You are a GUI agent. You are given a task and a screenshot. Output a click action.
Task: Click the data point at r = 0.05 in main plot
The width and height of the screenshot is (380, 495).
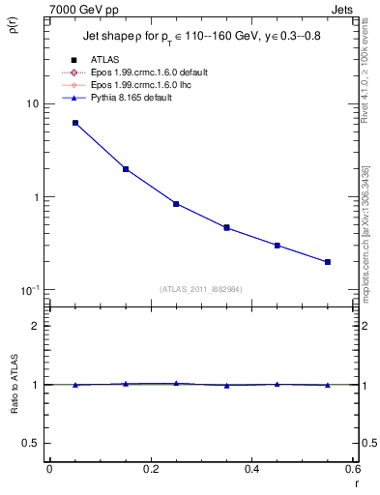[x=74, y=123]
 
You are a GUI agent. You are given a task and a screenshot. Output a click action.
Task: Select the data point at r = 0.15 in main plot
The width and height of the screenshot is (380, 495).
[x=126, y=169]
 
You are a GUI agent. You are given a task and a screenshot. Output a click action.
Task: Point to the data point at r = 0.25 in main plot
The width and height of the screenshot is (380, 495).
[x=176, y=204]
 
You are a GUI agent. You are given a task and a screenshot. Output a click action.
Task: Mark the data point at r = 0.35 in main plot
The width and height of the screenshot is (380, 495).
[x=226, y=228]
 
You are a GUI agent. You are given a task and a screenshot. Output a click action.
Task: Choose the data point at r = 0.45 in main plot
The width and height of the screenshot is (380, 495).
[x=278, y=246]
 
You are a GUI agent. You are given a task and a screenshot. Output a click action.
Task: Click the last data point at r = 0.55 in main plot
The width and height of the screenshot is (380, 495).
[x=328, y=262]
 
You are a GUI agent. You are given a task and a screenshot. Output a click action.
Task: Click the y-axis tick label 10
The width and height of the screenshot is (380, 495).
[x=31, y=103]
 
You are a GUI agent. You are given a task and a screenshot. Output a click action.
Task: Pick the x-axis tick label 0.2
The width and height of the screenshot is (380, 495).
[x=150, y=470]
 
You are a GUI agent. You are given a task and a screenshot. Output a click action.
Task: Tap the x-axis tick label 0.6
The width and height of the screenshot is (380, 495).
[x=352, y=470]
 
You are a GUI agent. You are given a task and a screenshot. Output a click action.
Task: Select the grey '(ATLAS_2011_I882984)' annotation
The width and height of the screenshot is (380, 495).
[x=202, y=288]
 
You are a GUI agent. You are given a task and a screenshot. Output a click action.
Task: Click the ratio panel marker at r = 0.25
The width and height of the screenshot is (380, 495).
[x=176, y=384]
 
